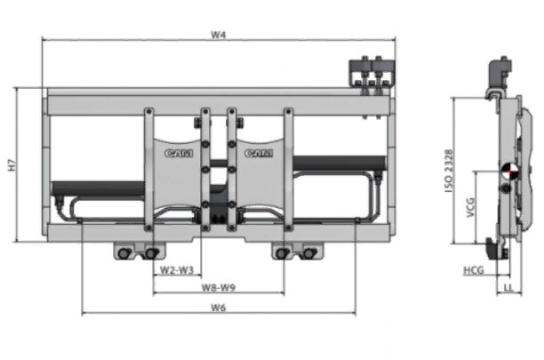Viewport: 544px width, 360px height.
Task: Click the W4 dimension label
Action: [219, 35]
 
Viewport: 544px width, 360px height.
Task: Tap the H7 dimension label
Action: [12, 164]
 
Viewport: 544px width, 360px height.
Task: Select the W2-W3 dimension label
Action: [177, 270]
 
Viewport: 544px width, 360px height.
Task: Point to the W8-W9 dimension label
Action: [219, 287]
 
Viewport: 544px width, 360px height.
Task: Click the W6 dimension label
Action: [219, 308]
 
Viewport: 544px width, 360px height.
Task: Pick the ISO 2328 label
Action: [449, 171]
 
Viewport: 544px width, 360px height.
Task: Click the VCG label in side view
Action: [470, 207]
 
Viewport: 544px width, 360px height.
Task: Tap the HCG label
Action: [474, 270]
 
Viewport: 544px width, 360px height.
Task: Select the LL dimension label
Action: [508, 287]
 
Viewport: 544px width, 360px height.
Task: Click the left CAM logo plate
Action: [177, 173]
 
